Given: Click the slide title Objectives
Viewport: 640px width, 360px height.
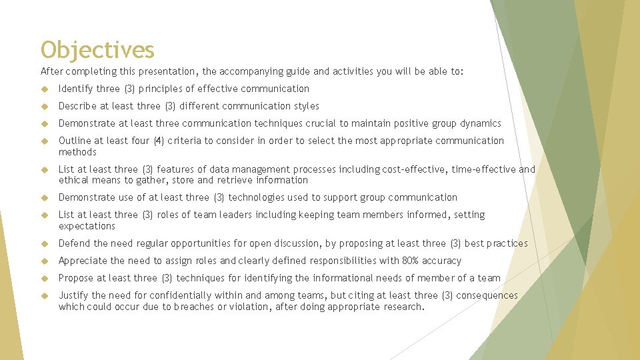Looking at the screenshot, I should [x=97, y=50].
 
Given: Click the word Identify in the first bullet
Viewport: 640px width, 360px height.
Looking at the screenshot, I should [x=75, y=89].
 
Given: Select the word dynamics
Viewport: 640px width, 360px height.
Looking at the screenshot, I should [x=481, y=123].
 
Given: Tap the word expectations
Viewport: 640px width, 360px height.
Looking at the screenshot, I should [x=87, y=226].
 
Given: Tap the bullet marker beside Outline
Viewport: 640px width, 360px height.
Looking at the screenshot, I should [x=45, y=141].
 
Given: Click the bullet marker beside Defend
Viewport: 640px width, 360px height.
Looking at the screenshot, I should [x=45, y=244].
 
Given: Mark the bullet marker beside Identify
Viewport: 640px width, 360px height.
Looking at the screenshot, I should [x=45, y=89].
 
